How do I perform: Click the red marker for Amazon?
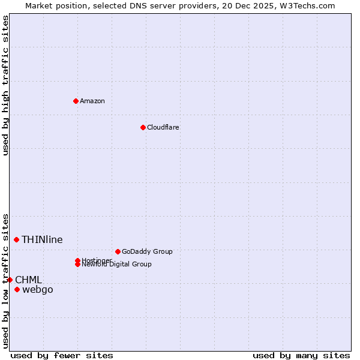(76, 101)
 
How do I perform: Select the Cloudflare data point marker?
(143, 127)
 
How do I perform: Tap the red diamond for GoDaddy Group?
(118, 251)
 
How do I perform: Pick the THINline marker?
(16, 239)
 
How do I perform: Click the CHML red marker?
(10, 280)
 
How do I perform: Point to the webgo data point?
(17, 290)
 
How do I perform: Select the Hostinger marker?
(78, 260)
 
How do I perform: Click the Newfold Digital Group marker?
(78, 264)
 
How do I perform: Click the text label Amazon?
(92, 101)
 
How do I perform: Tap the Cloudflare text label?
(163, 127)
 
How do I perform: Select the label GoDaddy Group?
(147, 251)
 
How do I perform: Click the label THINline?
(42, 239)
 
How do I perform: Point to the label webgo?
(37, 290)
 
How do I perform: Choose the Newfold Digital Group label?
(116, 265)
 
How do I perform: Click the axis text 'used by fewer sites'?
(62, 355)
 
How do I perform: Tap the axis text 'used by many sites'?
(301, 355)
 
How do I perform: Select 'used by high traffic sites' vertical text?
(5, 85)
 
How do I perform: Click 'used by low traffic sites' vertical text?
(5, 280)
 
